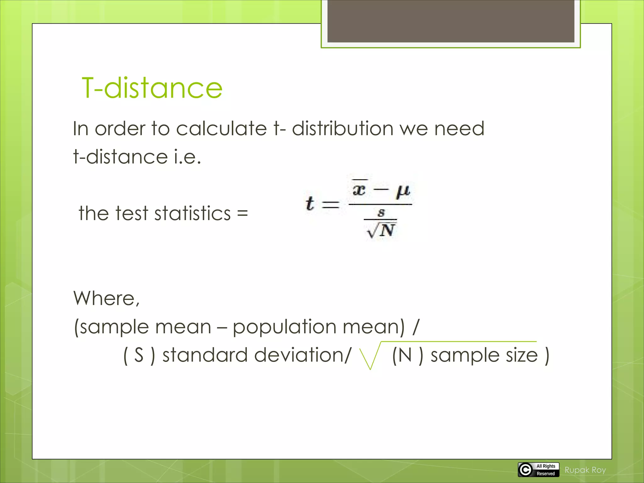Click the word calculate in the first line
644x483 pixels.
(221, 129)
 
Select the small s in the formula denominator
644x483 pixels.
(381, 213)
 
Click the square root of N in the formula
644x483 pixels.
(381, 230)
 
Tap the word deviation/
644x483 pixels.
(302, 355)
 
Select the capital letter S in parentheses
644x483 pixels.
(139, 355)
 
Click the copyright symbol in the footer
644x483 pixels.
(525, 470)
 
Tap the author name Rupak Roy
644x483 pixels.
(585, 470)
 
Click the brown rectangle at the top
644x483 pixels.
(451, 21)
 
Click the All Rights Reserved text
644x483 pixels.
(546, 470)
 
